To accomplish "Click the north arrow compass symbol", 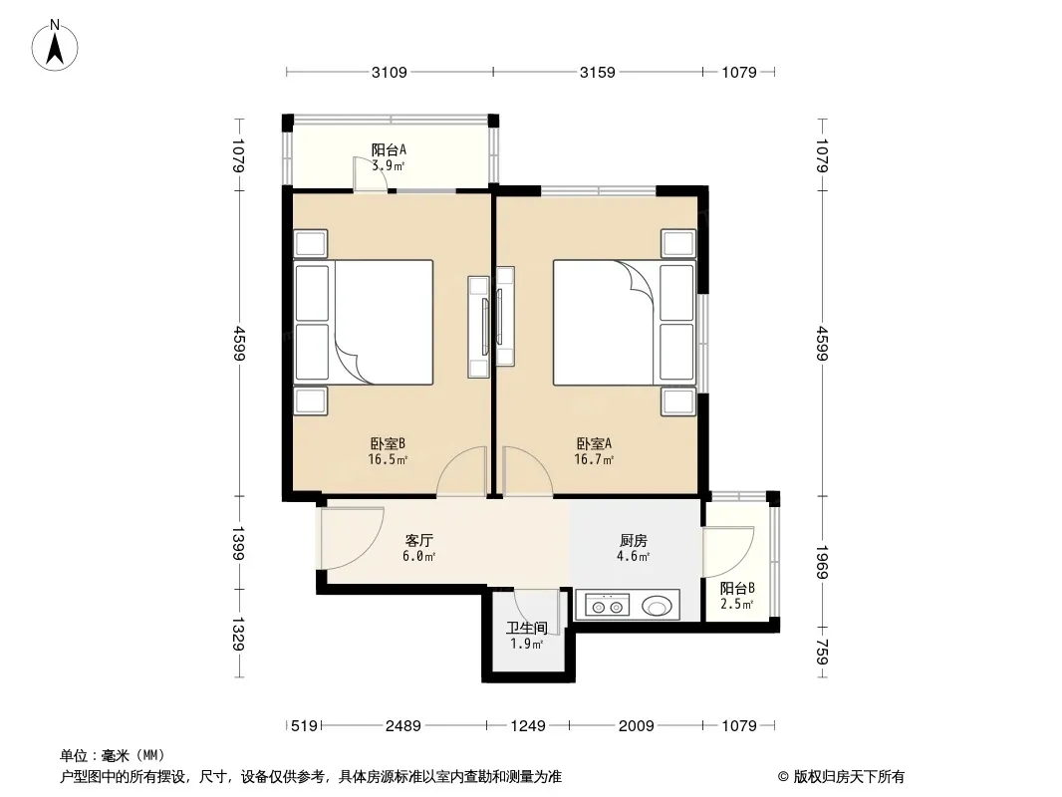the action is pos(55,46).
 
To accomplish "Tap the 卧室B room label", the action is pos(388,443).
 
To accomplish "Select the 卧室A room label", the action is pos(594,443).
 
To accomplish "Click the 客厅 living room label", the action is pos(419,540).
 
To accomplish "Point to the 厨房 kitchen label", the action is pos(634,540).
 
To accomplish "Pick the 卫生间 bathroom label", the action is pos(526,628).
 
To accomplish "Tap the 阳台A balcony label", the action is pos(389,149).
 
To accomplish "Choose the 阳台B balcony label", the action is pos(737,588).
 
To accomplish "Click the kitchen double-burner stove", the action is pos(607,605).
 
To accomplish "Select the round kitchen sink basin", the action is pos(657,605).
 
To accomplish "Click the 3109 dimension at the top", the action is pos(390,72).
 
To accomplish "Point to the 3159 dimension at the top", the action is pos(598,72).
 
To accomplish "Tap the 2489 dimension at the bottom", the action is pos(403,726).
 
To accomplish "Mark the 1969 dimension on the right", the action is pos(822,562).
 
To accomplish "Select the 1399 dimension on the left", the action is pos(238,542).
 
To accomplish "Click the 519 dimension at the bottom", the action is pos(304,726).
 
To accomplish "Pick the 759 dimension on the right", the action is pos(822,653).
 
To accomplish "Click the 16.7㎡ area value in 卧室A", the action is pos(594,460).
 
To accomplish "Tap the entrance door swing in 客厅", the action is pos(353,538).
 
